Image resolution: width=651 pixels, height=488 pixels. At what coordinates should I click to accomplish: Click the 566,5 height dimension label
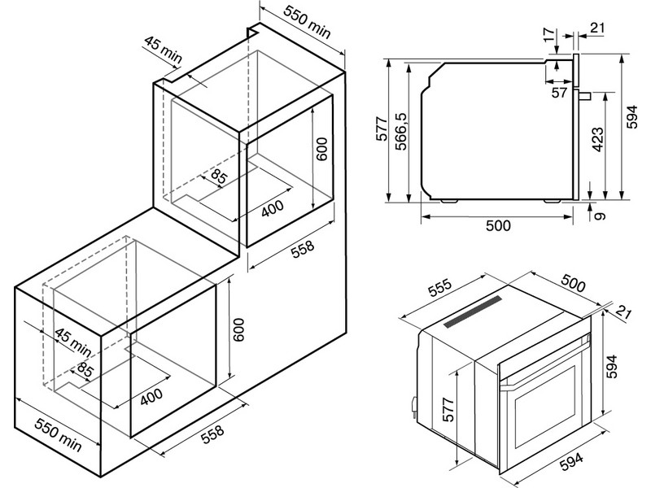click(x=401, y=131)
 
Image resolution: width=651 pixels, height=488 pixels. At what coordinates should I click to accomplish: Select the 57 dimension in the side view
click(x=559, y=92)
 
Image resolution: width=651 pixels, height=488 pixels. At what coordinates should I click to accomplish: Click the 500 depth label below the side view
click(x=498, y=225)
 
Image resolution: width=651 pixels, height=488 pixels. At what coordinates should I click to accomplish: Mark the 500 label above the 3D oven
click(x=573, y=283)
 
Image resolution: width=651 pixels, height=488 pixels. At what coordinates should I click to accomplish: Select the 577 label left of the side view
click(x=382, y=129)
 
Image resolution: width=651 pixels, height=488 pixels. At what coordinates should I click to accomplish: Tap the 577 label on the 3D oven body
click(x=448, y=410)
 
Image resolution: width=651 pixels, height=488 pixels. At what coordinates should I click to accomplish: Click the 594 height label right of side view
click(x=631, y=116)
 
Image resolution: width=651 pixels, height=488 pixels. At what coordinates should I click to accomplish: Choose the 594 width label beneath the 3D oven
click(x=571, y=461)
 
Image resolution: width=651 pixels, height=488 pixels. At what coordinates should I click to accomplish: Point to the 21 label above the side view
click(x=597, y=28)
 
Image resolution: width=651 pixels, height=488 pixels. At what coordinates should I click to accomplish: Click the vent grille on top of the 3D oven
click(x=473, y=312)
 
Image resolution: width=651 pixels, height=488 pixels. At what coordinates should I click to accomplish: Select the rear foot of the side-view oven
click(x=449, y=201)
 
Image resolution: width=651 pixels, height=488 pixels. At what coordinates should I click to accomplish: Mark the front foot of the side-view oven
click(x=553, y=201)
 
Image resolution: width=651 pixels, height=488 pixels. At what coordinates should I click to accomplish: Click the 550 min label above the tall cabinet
click(x=307, y=22)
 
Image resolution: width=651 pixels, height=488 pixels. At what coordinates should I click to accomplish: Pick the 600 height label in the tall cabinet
click(x=321, y=149)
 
